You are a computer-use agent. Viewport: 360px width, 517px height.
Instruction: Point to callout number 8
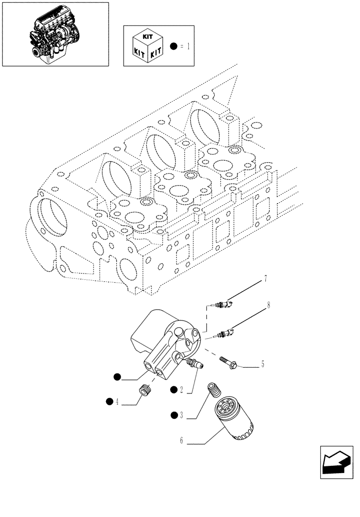(x=268, y=306)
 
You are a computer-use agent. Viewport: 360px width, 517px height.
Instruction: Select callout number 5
(x=262, y=365)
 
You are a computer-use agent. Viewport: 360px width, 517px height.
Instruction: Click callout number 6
(x=182, y=442)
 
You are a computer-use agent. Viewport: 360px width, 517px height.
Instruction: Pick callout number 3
(x=182, y=414)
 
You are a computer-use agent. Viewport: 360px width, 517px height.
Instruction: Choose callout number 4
(x=117, y=401)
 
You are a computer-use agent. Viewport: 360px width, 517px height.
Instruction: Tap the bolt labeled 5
(x=228, y=361)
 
